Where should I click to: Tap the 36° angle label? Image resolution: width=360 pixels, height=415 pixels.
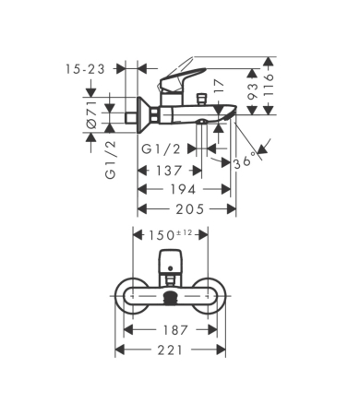point(243,160)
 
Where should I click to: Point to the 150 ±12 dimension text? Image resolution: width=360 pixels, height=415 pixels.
point(170,236)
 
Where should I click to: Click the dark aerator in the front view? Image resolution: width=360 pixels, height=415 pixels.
point(170,297)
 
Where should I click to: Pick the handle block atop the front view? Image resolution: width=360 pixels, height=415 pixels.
point(170,262)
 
